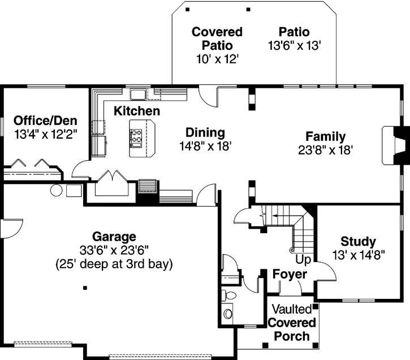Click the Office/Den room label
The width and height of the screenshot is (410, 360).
[45, 121]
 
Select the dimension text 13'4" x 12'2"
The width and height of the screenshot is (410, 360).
[45, 134]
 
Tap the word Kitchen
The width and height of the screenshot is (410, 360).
[137, 110]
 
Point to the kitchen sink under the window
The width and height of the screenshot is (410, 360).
[137, 93]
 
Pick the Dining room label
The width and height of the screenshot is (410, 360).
[205, 133]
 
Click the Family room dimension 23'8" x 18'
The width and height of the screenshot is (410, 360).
[326, 149]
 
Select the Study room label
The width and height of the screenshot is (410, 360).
[359, 241]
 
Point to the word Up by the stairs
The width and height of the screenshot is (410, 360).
[303, 260]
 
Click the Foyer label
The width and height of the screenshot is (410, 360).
[290, 275]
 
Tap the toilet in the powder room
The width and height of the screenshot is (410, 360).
[228, 312]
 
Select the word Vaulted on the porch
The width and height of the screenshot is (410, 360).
[291, 309]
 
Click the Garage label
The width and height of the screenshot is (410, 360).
[114, 236]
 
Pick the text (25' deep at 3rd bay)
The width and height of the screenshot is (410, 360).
[114, 263]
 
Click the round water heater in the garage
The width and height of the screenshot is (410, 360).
[57, 190]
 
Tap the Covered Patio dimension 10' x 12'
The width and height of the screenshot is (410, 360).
[217, 58]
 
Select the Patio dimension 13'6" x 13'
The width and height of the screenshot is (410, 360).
[295, 45]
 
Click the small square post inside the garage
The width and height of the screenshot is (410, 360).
[85, 288]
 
